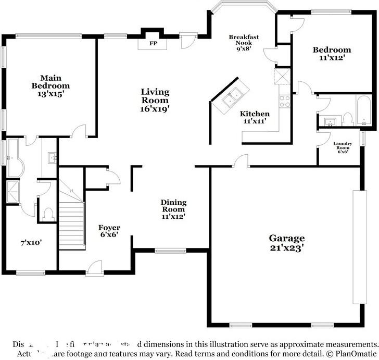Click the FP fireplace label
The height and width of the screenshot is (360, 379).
(x=154, y=43)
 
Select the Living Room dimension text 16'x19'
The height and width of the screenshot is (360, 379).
(x=155, y=109)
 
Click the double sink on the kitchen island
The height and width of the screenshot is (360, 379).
(x=232, y=97)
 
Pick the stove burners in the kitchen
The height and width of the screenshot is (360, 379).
(x=285, y=102)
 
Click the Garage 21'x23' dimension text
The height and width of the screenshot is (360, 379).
(x=287, y=248)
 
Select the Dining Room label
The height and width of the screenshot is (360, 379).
(x=173, y=206)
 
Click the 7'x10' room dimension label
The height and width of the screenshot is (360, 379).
(x=31, y=242)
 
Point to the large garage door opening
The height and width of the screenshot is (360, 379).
(x=357, y=247)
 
